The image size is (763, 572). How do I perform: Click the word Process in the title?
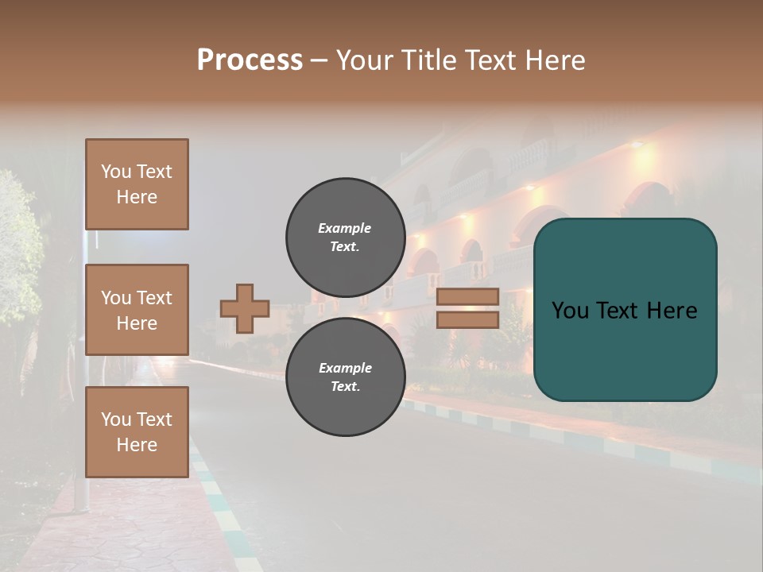(250, 60)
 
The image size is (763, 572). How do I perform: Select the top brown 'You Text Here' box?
(137, 184)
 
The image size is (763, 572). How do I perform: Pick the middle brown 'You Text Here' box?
(137, 310)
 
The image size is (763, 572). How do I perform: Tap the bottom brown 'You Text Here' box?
(137, 431)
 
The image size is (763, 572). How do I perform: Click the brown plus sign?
(245, 308)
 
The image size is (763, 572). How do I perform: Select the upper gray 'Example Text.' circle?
(345, 237)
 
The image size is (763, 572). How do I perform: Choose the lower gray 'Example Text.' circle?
(345, 377)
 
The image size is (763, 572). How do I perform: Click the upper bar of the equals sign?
(467, 296)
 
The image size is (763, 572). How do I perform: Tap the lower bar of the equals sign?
(467, 319)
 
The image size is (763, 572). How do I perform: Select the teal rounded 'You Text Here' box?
(625, 310)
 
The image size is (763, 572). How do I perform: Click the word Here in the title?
(554, 60)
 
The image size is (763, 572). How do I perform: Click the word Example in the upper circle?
(345, 228)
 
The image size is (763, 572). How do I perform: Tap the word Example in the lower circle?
(345, 368)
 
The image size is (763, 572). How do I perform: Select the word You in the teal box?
(570, 311)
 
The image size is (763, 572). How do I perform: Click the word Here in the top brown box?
(137, 197)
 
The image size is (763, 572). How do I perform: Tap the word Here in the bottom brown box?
(137, 445)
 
